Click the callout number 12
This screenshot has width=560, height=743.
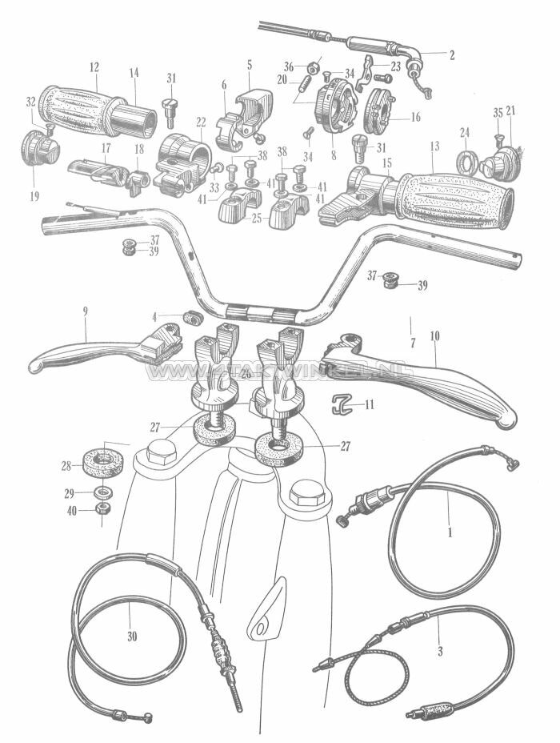(94, 66)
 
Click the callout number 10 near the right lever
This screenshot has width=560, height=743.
(434, 337)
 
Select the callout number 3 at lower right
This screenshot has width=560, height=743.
(439, 652)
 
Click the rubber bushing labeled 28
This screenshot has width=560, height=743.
(102, 463)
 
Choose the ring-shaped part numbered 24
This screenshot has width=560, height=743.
(467, 163)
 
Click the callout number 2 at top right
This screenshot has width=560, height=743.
(451, 55)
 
